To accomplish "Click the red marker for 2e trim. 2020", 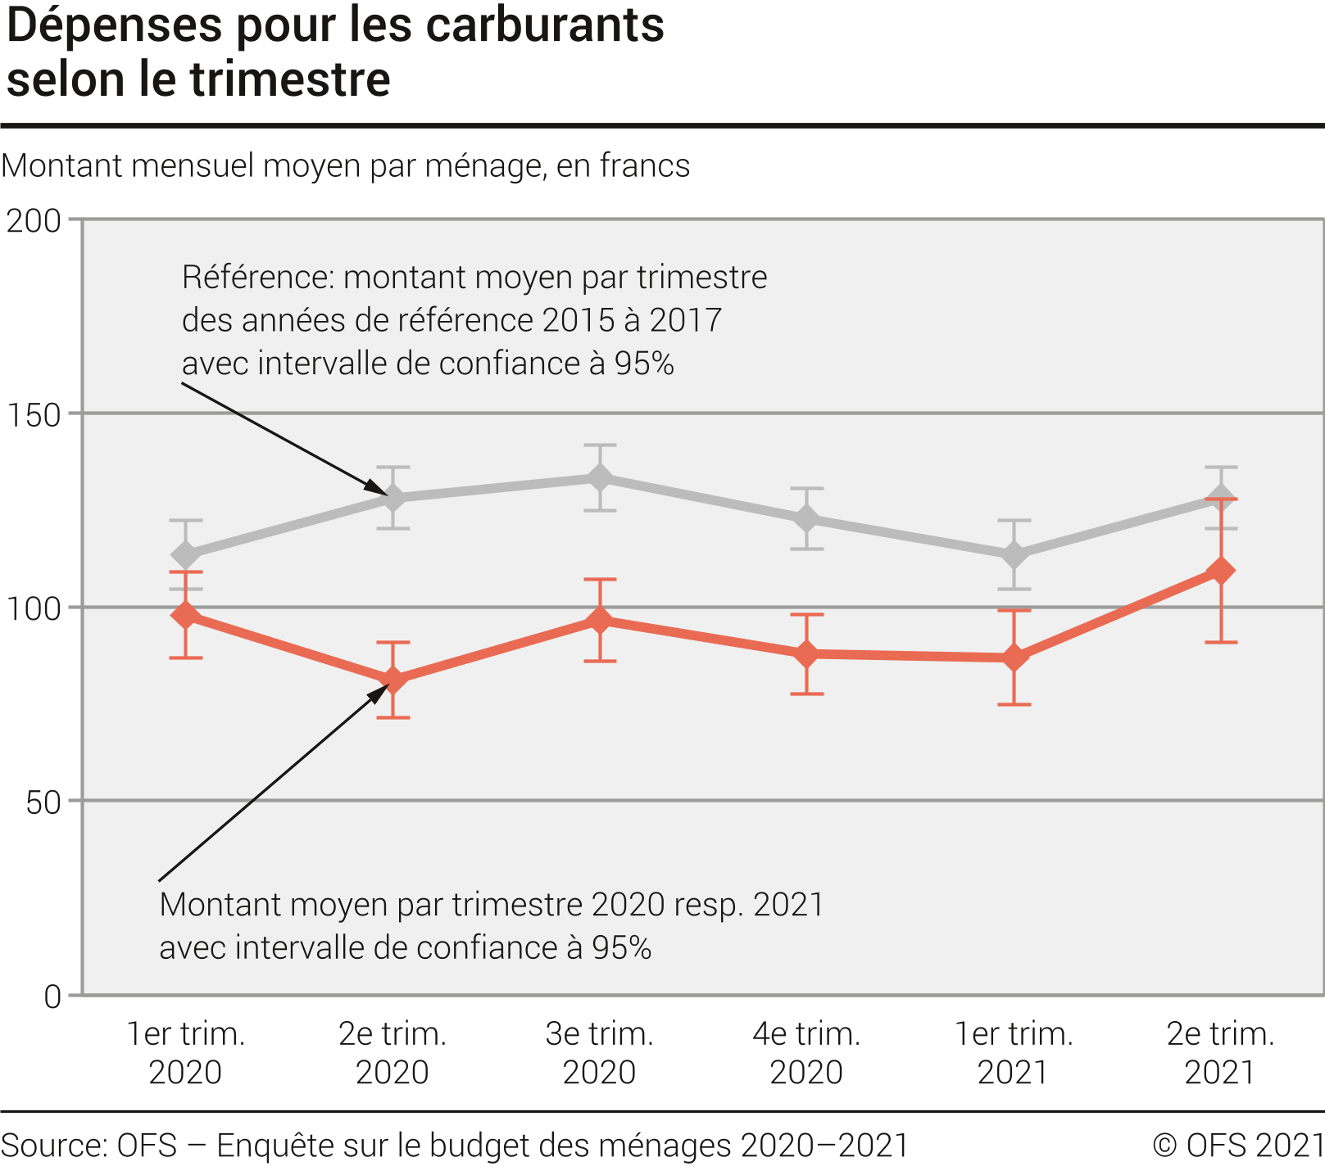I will [393, 680].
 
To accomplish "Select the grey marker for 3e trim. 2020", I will [600, 477].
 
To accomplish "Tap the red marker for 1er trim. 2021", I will [1014, 658].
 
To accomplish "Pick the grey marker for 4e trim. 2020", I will [807, 519].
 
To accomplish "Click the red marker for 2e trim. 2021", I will [1221, 570].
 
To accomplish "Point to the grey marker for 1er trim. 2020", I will [186, 555].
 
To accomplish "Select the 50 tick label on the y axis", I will [43, 802].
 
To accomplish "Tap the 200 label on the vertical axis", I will [34, 221].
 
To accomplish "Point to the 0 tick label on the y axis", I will [52, 997].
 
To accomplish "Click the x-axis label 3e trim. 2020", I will [600, 1052].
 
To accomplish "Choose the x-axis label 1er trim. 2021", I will [1014, 1052].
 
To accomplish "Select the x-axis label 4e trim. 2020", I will [807, 1052].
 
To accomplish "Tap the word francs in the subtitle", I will [645, 166].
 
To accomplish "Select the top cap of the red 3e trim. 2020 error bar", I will [600, 580].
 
